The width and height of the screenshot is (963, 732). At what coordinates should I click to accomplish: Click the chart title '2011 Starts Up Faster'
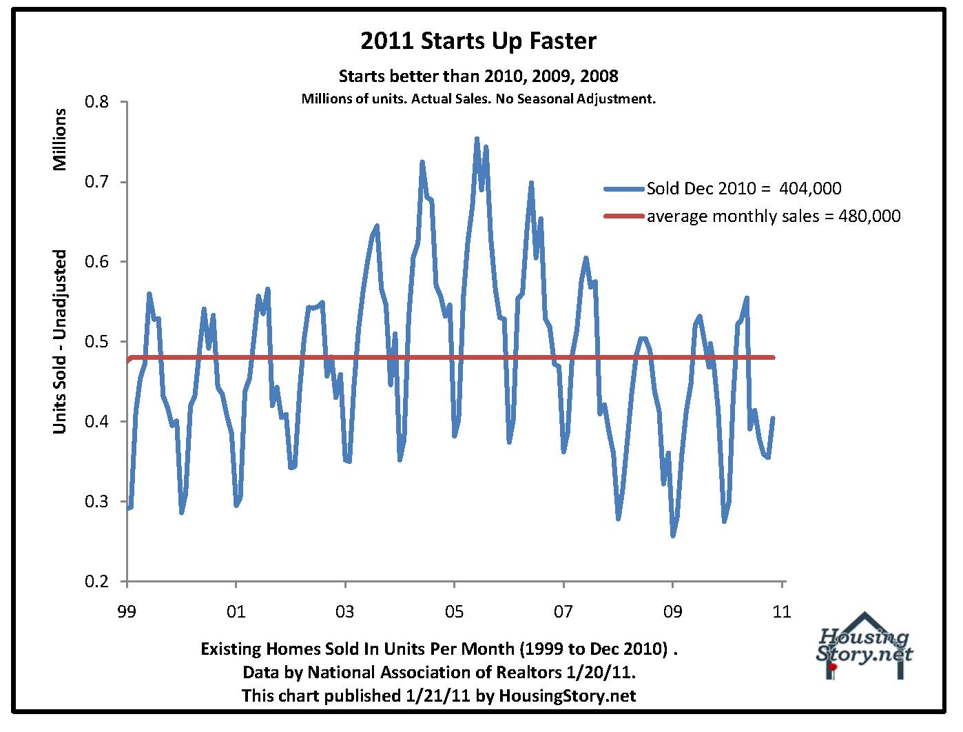[478, 41]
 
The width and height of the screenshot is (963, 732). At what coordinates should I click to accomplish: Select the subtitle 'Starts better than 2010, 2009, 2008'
[478, 75]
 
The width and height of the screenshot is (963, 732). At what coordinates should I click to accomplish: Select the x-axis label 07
[563, 611]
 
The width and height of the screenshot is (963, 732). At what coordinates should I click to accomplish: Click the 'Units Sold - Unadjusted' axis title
[60, 342]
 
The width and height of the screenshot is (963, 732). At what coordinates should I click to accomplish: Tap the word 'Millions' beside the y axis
[60, 139]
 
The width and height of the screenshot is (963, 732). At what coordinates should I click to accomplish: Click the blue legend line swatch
[624, 189]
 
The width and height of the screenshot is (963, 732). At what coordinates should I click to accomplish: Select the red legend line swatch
[624, 216]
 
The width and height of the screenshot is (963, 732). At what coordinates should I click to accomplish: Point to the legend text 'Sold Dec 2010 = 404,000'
[744, 189]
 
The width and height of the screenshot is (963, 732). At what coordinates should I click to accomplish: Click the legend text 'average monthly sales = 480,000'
[773, 216]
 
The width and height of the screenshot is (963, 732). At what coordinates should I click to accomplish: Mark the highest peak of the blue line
[477, 139]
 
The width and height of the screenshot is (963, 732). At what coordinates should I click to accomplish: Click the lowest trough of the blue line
[673, 536]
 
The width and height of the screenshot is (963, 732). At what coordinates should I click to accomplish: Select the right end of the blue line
[774, 418]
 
